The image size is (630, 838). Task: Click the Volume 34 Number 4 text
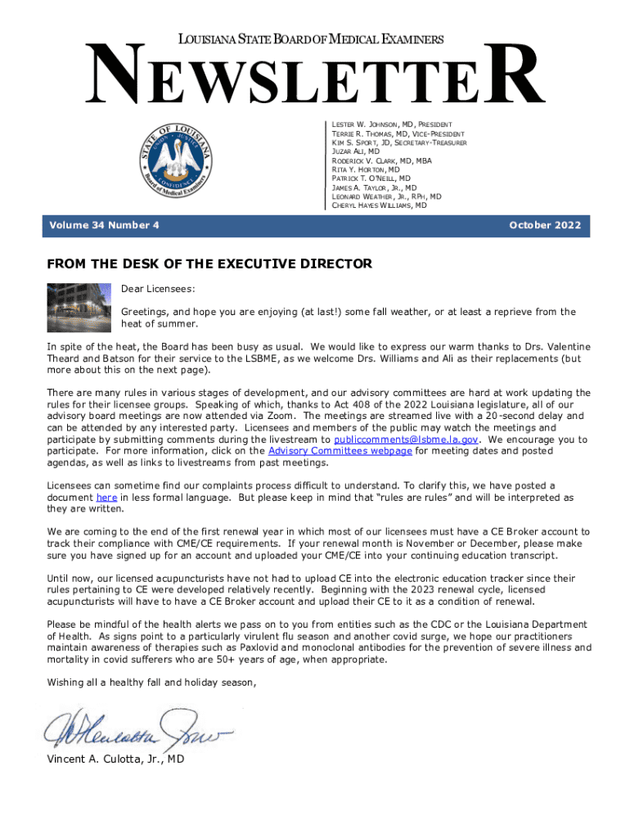[104, 225]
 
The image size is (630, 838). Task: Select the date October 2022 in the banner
[544, 225]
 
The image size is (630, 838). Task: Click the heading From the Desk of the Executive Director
[209, 264]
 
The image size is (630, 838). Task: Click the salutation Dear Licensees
[159, 289]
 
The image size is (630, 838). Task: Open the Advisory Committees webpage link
[340, 450]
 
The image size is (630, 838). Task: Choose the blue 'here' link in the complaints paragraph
[106, 497]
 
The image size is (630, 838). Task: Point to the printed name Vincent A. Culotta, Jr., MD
[115, 759]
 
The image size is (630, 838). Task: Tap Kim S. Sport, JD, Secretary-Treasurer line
[398, 142]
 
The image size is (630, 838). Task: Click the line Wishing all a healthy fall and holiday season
[151, 682]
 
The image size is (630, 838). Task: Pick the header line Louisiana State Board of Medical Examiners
[312, 39]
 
